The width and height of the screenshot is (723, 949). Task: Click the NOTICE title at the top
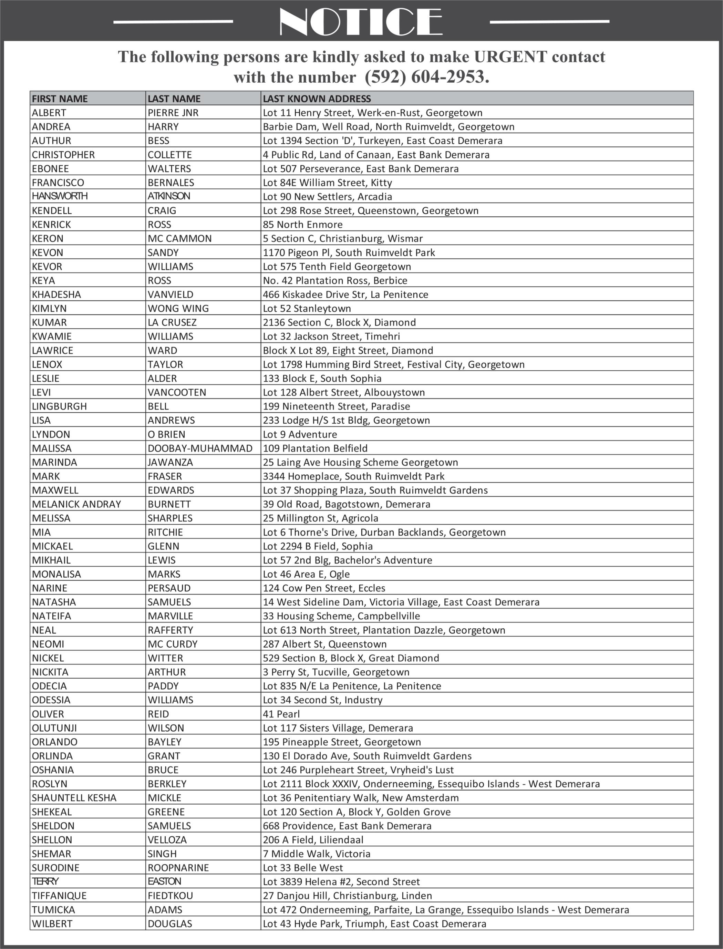(361, 21)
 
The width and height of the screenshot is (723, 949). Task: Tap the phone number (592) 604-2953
(426, 77)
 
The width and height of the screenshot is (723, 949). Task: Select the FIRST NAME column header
(60, 99)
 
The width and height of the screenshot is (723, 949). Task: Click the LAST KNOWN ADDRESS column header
(317, 99)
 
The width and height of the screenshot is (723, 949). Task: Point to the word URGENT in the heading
(510, 57)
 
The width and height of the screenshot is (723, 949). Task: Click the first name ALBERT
(49, 113)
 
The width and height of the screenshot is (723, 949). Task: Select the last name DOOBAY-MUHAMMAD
(200, 448)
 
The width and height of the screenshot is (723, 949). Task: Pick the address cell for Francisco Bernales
(328, 183)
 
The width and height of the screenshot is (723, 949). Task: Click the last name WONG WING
(178, 308)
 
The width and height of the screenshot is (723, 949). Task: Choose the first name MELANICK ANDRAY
(76, 504)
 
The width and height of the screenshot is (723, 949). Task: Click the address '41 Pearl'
(281, 714)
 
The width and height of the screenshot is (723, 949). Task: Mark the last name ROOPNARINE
(178, 867)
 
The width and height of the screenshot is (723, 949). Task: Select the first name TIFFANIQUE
(59, 895)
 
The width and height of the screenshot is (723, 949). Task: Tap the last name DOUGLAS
(170, 923)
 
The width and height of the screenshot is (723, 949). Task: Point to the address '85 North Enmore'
(302, 224)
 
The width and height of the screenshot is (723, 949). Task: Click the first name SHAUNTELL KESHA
(74, 797)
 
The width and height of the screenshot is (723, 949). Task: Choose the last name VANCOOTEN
(177, 392)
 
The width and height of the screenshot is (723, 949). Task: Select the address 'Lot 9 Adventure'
(300, 434)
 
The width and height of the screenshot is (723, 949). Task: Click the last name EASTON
(164, 881)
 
